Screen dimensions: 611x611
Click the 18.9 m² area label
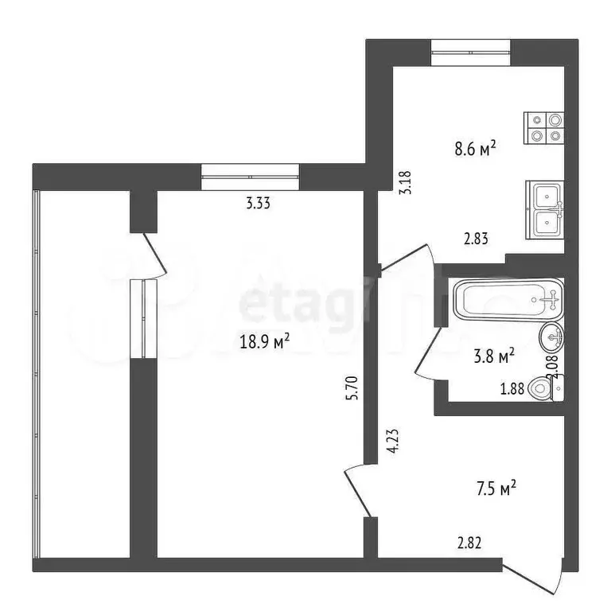pyautogui.click(x=264, y=341)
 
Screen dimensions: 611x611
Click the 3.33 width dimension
pyautogui.click(x=259, y=203)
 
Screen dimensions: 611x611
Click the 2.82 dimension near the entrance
pyautogui.click(x=469, y=544)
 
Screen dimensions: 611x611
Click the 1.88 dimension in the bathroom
pyautogui.click(x=511, y=389)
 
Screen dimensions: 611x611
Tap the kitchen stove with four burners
pyautogui.click(x=545, y=126)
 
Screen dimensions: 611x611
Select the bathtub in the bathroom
pyautogui.click(x=508, y=299)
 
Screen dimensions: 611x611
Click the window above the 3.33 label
pyautogui.click(x=250, y=176)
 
